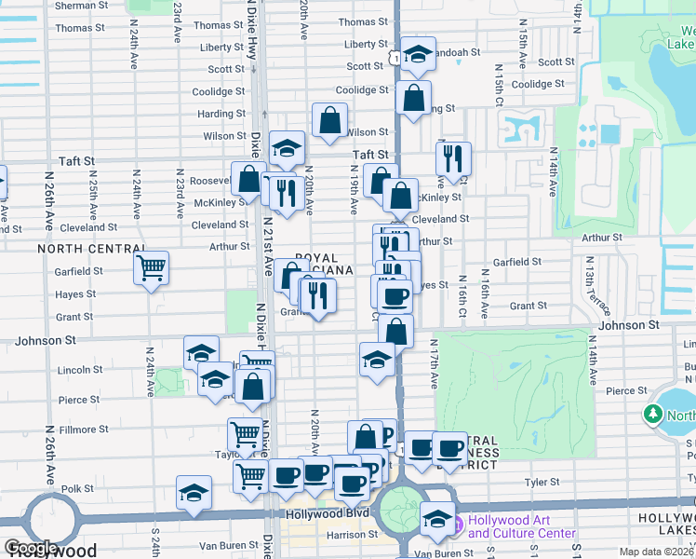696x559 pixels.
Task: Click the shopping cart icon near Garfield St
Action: click(151, 268)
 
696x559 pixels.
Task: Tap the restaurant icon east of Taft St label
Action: click(453, 159)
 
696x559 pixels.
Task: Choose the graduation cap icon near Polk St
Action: click(194, 493)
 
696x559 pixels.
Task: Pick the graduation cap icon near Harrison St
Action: click(437, 519)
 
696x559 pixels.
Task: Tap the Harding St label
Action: click(221, 114)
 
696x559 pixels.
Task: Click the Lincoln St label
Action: click(80, 369)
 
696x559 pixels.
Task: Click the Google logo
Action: click(30, 548)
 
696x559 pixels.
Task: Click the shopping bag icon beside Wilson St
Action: click(329, 120)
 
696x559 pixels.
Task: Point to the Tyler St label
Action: click(535, 482)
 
